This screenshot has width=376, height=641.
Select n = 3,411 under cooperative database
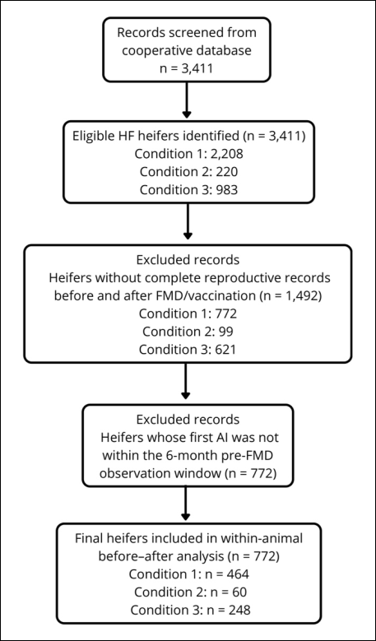pyautogui.click(x=186, y=68)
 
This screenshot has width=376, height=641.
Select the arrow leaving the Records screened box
pyautogui.click(x=187, y=99)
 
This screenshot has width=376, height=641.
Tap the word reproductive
pyautogui.click(x=250, y=278)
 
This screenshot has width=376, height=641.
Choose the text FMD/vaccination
pyautogui.click(x=212, y=296)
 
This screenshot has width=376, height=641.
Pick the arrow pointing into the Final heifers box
pyautogui.click(x=186, y=504)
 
